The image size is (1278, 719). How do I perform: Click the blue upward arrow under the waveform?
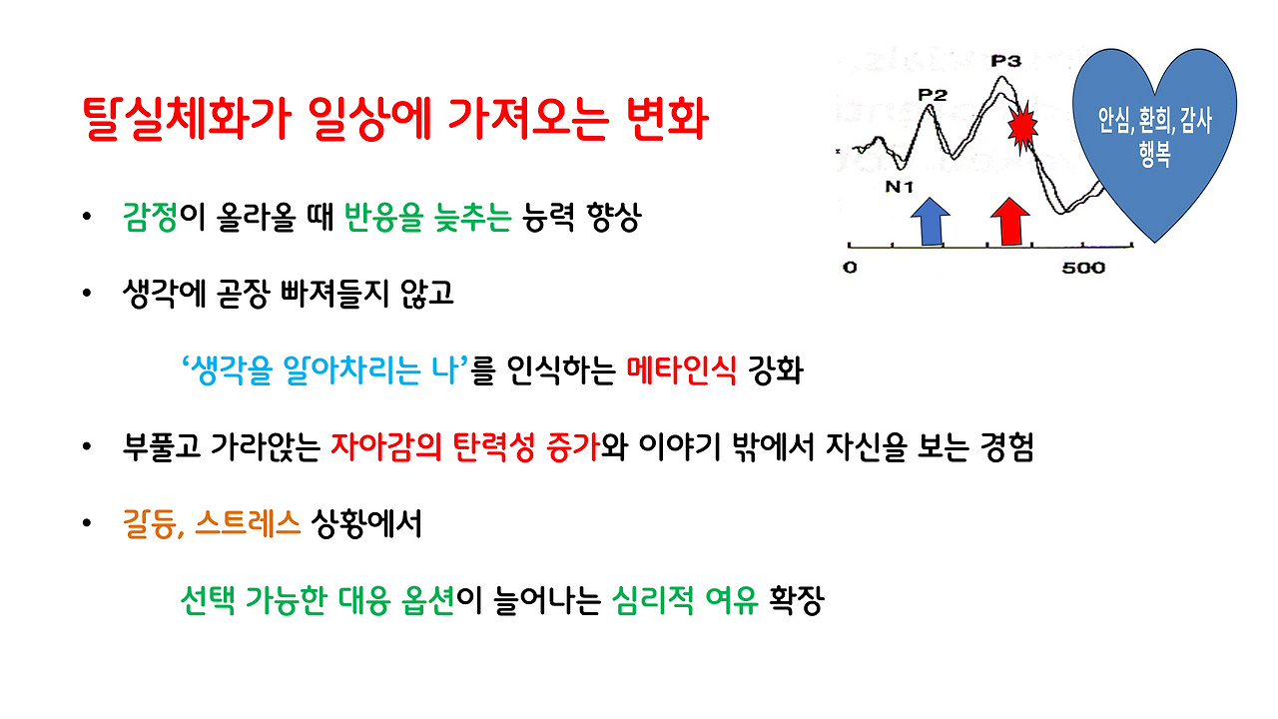click(x=931, y=221)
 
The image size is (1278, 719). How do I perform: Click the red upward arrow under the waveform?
click(x=1008, y=221)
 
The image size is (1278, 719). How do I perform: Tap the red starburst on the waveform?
click(x=1020, y=128)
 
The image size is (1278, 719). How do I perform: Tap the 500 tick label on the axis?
click(x=1083, y=268)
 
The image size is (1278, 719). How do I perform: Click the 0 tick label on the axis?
click(x=850, y=268)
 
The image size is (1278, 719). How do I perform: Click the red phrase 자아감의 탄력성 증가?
click(x=464, y=448)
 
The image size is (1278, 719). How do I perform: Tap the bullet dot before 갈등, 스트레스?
click(x=89, y=524)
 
